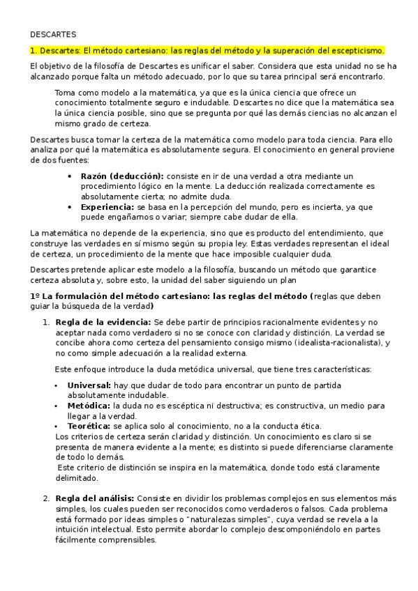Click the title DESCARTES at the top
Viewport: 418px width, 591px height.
(53, 33)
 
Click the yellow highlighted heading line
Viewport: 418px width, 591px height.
(207, 51)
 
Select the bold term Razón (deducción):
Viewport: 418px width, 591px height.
(122, 176)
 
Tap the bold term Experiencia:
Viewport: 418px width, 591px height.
(107, 207)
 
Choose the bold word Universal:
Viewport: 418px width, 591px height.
(89, 385)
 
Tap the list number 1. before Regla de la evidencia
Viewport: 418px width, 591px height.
(46, 322)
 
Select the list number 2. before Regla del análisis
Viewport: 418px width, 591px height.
(46, 498)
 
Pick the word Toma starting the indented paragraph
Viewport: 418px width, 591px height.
(66, 93)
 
